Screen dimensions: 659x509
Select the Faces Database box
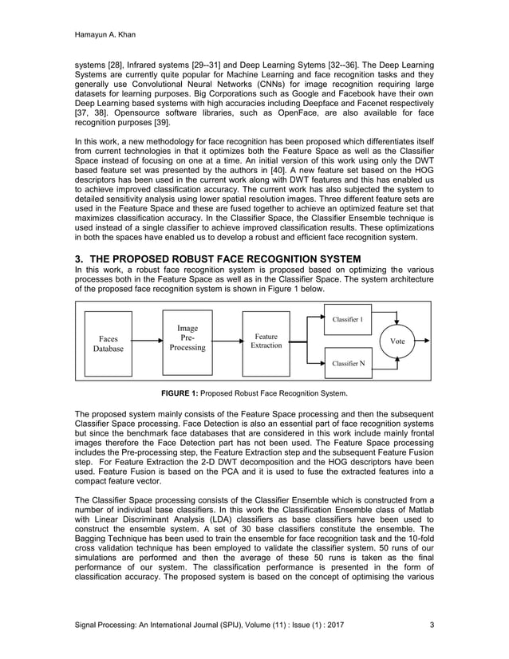pos(109,344)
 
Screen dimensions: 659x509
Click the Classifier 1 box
pos(348,319)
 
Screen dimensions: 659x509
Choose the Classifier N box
pos(348,364)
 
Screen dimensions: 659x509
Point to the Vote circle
pos(397,341)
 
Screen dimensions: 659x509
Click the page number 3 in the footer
pos(432,624)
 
